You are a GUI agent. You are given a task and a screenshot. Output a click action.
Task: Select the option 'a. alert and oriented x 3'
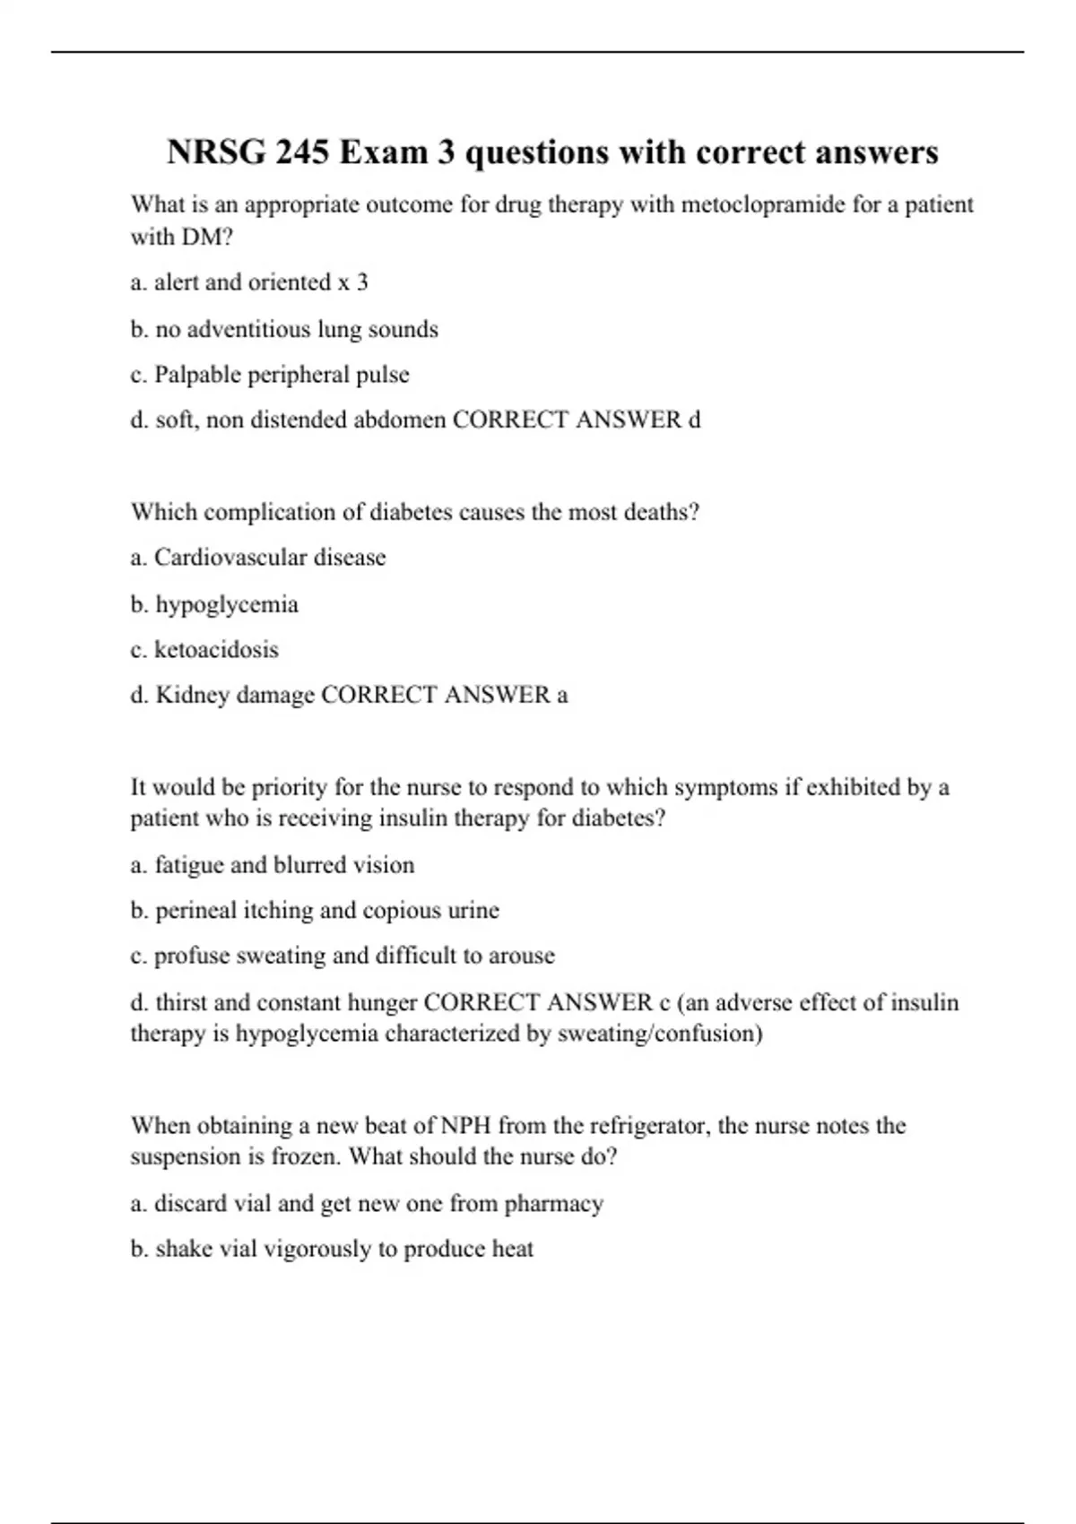(248, 282)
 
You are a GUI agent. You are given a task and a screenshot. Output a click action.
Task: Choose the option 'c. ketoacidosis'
(204, 650)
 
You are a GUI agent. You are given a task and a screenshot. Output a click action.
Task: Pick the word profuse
(192, 956)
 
